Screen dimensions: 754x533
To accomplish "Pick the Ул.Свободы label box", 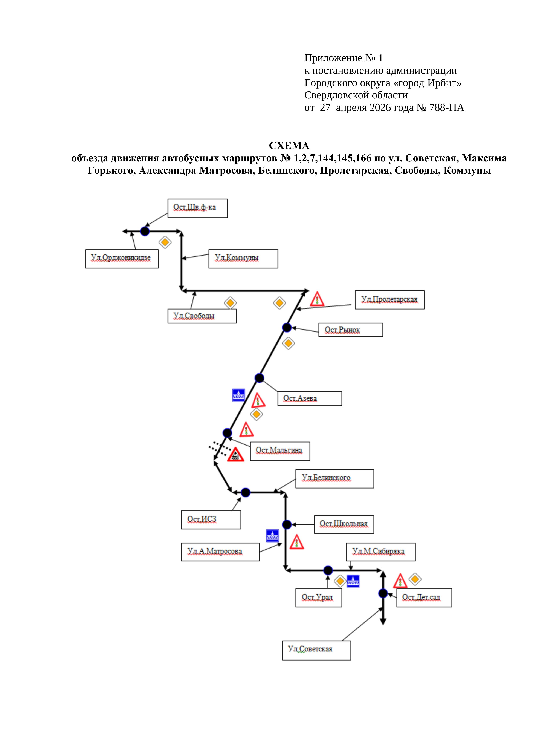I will (x=202, y=316).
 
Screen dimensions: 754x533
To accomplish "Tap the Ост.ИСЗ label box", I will (x=211, y=519).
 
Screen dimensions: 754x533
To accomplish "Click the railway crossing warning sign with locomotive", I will (x=235, y=455).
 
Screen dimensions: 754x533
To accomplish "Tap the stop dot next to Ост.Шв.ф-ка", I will (x=145, y=231).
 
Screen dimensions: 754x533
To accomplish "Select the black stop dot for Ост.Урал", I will (x=328, y=570).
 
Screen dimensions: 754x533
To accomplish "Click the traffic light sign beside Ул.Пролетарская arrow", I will (x=317, y=299).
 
